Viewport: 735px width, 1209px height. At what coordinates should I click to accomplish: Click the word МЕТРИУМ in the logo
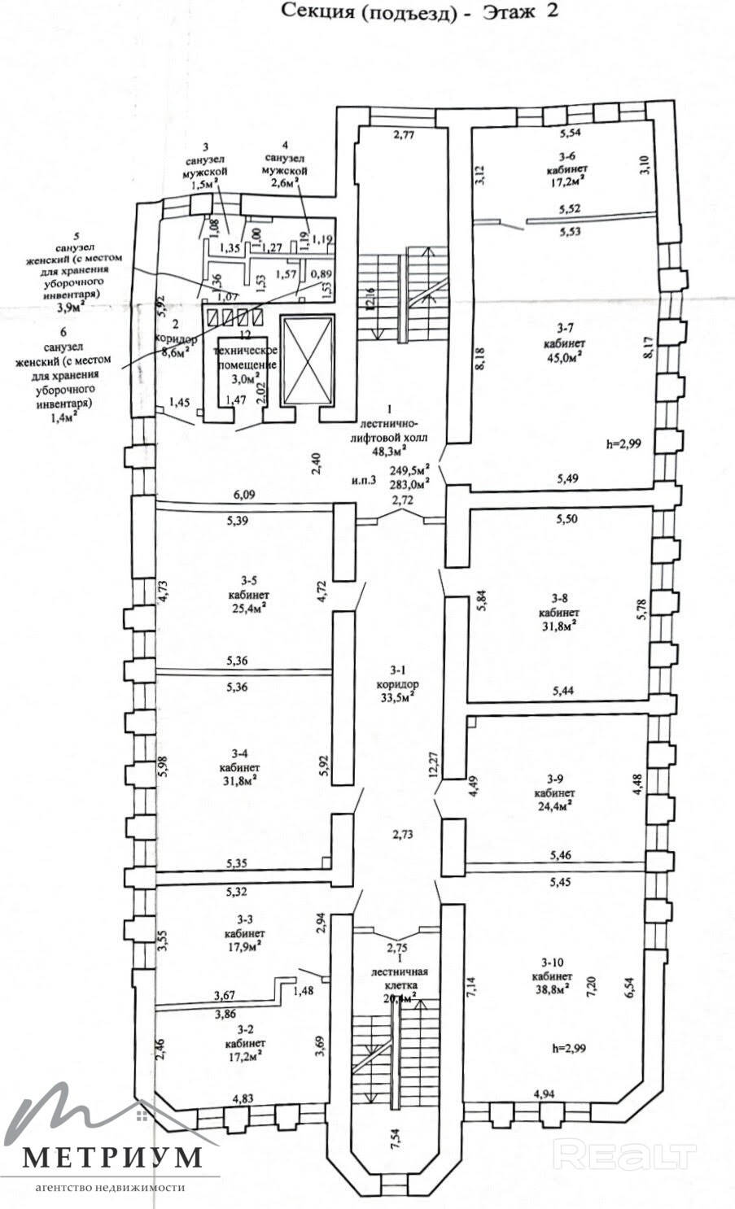tap(112, 1157)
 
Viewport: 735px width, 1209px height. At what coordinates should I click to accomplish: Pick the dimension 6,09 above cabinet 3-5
tap(244, 493)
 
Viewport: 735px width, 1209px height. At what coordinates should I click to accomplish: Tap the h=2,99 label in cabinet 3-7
tap(624, 443)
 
